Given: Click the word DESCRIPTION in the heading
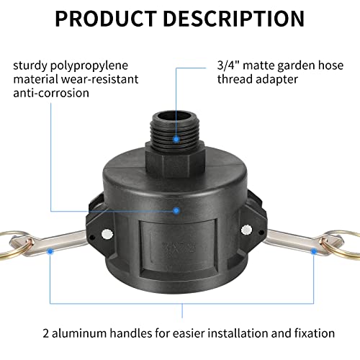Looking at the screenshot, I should coord(237,19).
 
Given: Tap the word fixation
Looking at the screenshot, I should coord(312,333).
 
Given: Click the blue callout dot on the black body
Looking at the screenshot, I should coord(176,210).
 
